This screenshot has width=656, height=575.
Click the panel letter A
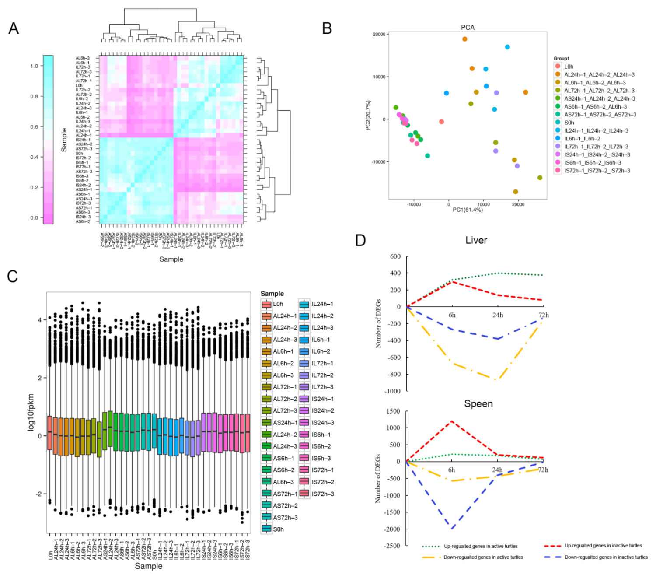click(x=14, y=28)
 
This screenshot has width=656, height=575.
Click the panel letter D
click(x=360, y=240)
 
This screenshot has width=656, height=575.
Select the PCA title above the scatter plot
click(x=468, y=27)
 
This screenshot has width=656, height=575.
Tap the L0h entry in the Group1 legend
click(x=569, y=67)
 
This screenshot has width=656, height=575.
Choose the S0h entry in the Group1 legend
click(x=569, y=123)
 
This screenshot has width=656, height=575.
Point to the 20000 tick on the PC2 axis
click(x=379, y=34)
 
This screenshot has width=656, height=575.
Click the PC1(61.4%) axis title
click(x=468, y=210)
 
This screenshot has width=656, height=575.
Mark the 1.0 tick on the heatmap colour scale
click(x=34, y=66)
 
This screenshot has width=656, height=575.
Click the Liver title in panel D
click(x=476, y=240)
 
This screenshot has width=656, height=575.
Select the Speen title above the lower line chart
click(x=478, y=403)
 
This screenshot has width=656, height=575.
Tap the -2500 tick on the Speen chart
click(x=391, y=546)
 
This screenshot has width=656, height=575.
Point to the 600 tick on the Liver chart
click(x=395, y=256)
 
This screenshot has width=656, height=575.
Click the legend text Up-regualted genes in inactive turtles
click(x=603, y=546)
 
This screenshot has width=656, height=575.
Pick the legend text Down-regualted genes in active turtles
click(x=483, y=557)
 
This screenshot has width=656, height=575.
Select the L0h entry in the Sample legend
click(x=278, y=304)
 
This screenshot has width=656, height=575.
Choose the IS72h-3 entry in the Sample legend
click(x=323, y=494)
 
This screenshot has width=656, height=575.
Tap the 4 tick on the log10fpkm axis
click(x=40, y=320)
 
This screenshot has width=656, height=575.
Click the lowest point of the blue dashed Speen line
click(x=452, y=529)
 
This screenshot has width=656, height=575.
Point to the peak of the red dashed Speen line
click(x=452, y=421)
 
